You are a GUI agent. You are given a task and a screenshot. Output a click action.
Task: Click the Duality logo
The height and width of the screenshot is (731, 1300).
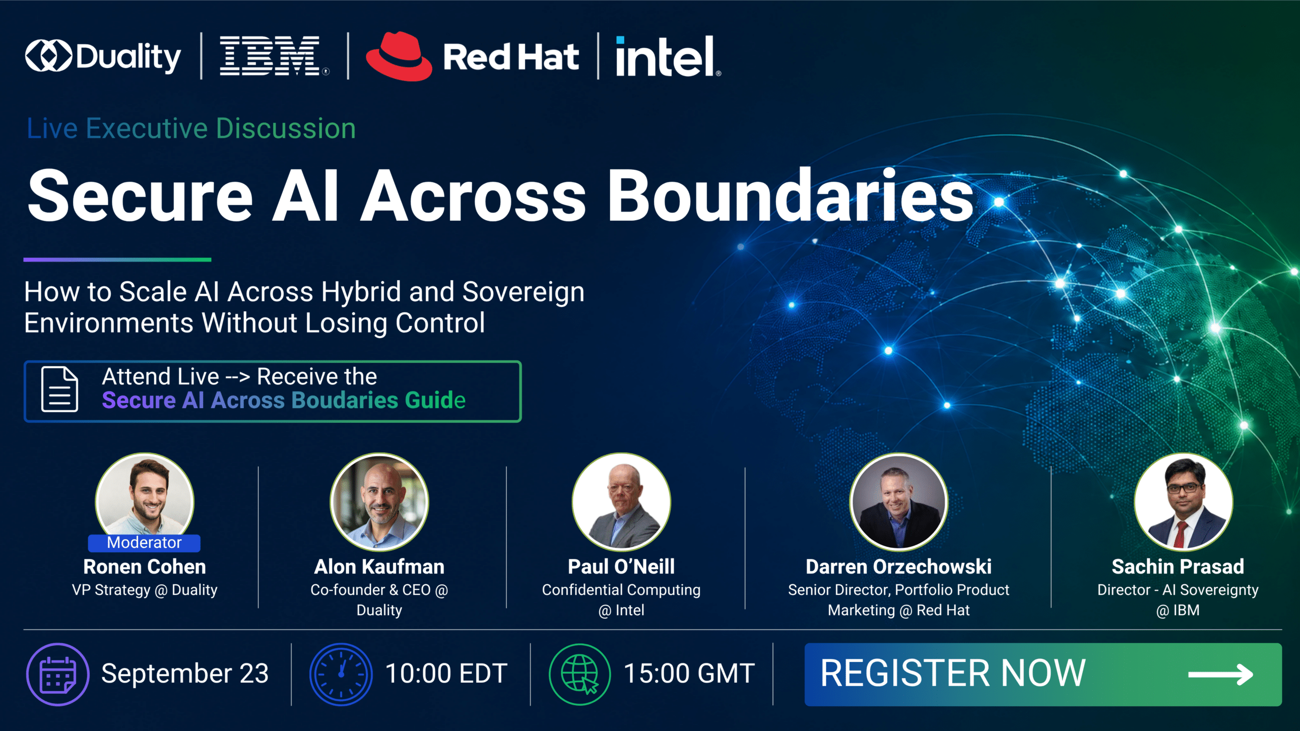[103, 56]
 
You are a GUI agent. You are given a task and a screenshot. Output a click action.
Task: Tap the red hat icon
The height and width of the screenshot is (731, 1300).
[399, 56]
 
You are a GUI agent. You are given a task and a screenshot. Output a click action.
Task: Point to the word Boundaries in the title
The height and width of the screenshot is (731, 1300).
[791, 196]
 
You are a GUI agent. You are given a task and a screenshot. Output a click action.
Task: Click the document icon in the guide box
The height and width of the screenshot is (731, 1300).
[60, 389]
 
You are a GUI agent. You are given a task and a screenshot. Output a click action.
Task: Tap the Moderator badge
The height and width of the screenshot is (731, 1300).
[144, 543]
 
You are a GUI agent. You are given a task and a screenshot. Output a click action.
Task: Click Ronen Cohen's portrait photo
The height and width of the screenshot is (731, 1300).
[145, 497]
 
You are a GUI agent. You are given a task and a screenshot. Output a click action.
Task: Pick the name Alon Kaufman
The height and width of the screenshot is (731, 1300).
[379, 567]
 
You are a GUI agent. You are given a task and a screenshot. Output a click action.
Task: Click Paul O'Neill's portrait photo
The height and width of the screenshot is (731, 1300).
[621, 502]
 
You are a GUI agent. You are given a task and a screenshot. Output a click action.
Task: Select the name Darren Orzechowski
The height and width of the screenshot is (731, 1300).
[899, 567]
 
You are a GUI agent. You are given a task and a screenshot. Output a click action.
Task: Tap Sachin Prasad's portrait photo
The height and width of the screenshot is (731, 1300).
[1183, 502]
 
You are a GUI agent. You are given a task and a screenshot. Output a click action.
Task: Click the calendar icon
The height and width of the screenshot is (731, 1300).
[58, 674]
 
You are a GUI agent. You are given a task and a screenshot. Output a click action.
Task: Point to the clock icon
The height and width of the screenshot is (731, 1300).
[341, 674]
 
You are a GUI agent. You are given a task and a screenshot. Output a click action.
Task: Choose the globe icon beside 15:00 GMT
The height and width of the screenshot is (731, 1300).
[580, 674]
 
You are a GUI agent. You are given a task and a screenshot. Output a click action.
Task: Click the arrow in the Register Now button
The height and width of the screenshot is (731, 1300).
[1221, 675]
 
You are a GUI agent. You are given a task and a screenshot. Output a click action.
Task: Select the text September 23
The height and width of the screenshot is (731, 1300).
[185, 674]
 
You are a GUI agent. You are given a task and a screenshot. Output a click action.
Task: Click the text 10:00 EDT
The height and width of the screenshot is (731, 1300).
[446, 674]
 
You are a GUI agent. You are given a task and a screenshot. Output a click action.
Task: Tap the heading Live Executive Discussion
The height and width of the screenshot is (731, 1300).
[191, 128]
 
